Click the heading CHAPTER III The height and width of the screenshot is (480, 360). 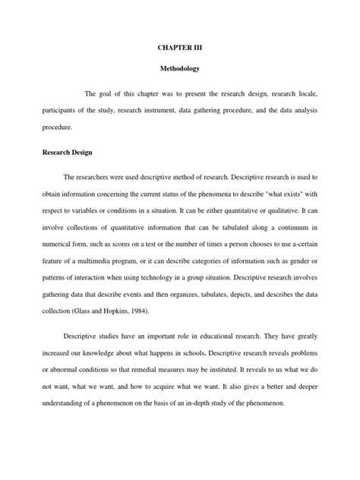coord(180,47)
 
